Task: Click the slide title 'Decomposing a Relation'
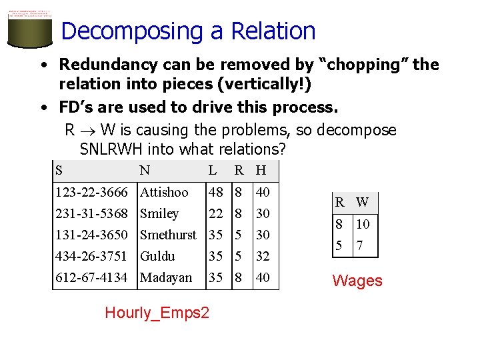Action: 187,31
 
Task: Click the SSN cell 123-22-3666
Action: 91,192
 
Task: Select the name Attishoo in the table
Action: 164,192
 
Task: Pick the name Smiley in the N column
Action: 159,213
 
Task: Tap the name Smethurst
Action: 168,235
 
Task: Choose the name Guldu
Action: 157,256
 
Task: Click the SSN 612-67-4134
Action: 91,277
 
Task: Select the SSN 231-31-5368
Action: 91,213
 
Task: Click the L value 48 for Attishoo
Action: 215,192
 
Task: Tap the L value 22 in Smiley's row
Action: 215,213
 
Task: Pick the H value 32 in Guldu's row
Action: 263,256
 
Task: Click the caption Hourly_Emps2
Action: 157,313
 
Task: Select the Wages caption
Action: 357,281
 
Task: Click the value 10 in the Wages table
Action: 363,225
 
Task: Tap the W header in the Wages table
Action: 362,202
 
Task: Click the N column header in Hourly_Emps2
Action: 145,170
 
